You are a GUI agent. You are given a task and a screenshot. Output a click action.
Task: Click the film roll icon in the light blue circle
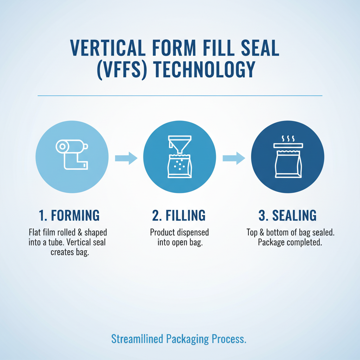point(72,155)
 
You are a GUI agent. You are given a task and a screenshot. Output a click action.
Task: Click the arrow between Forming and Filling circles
point(126,158)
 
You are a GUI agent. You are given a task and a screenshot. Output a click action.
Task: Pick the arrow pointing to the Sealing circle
point(234,158)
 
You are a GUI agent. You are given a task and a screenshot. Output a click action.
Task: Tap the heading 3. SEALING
point(288,216)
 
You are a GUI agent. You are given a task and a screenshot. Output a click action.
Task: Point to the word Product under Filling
point(163,232)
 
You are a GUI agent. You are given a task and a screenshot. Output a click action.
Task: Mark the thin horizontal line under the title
point(180,95)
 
